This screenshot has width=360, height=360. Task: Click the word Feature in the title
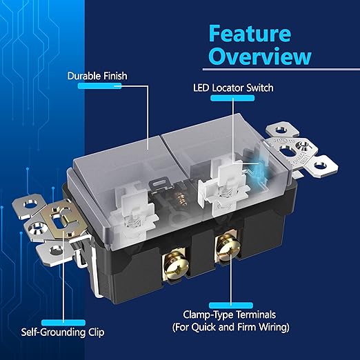tap(250, 34)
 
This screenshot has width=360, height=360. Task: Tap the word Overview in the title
tap(260, 57)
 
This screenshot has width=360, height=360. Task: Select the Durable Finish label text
tap(97, 76)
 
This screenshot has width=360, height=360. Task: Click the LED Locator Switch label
tap(233, 88)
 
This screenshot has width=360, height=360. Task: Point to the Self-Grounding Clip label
tap(63, 332)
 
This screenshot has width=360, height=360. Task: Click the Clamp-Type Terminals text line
tap(230, 314)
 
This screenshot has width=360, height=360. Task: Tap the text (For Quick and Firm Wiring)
tap(231, 327)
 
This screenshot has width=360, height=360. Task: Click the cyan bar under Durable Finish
tap(99, 86)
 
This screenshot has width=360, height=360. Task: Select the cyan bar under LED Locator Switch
tap(232, 98)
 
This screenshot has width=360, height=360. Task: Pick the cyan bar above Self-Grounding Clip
tap(63, 323)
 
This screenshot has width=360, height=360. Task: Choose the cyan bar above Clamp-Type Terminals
tap(231, 306)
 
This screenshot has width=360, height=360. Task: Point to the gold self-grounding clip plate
tap(64, 219)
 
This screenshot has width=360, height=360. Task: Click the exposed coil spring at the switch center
tap(181, 198)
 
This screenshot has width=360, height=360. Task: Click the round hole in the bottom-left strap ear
tap(56, 250)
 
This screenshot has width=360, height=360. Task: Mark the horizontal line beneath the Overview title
tap(281, 69)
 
